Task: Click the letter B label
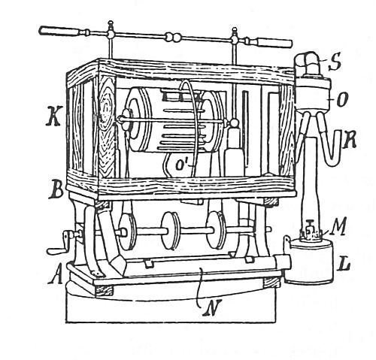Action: click(55, 191)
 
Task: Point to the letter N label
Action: click(212, 308)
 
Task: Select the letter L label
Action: click(343, 264)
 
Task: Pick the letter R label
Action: click(349, 141)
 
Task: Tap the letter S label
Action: click(335, 62)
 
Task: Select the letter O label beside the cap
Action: click(342, 101)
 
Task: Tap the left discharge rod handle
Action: click(61, 32)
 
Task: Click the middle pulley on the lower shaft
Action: click(171, 230)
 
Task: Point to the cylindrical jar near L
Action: click(310, 262)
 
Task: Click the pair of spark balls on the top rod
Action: click(172, 38)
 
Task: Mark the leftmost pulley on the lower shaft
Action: click(127, 231)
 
